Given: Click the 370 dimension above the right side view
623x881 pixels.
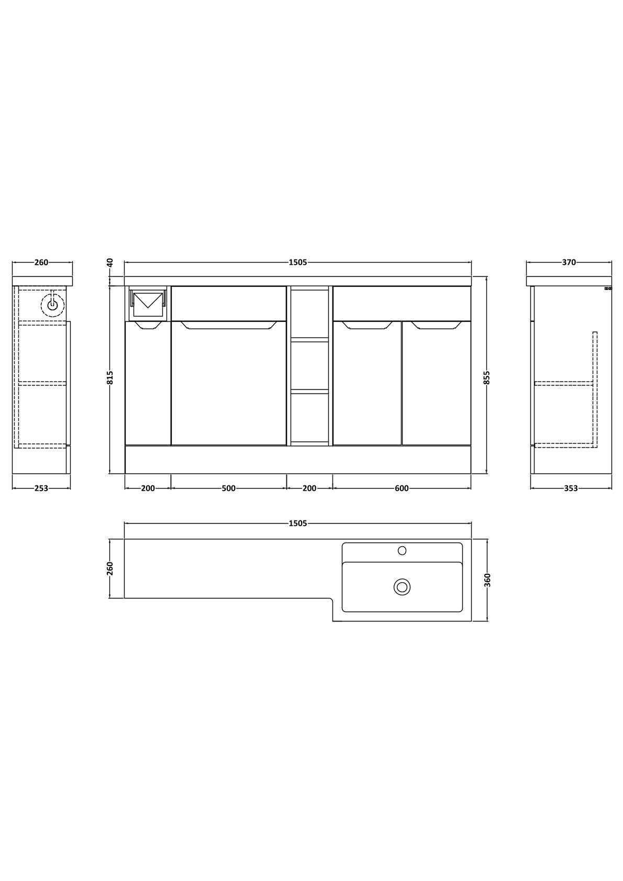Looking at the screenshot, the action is point(569,262).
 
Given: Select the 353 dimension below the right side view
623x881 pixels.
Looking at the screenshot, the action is point(571,488).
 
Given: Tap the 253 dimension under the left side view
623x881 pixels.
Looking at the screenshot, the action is point(41,488).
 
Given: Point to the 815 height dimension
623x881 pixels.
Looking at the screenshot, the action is point(110,378).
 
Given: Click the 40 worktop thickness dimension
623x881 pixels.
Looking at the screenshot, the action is point(110,262).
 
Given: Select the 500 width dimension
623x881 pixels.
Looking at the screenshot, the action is point(228,488).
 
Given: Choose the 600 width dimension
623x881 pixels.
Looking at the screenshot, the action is point(402,488).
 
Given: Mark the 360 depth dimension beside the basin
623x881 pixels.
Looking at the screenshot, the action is point(488,580).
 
